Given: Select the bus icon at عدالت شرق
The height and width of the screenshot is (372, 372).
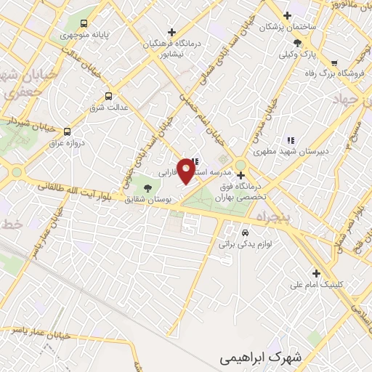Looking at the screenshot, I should click(x=109, y=95).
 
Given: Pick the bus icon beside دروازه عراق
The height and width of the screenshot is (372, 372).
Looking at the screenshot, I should click(x=67, y=132).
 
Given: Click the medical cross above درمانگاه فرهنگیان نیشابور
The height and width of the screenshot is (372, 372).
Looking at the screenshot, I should click(x=171, y=32).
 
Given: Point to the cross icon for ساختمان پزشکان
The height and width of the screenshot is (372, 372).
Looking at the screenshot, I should click(x=287, y=15).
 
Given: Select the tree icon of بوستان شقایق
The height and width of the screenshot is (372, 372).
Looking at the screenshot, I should click(x=148, y=187).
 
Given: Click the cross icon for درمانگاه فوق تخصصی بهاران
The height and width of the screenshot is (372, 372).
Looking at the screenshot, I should click(x=240, y=174).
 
